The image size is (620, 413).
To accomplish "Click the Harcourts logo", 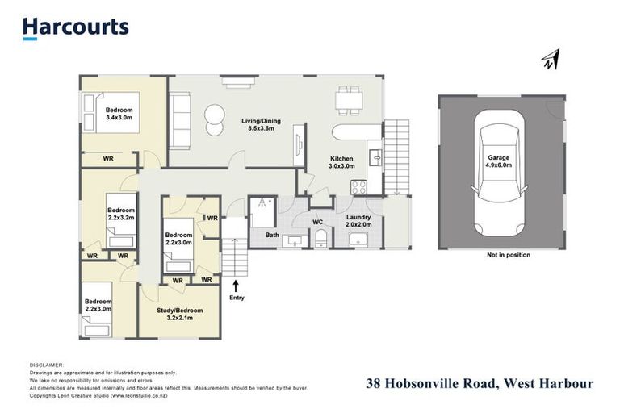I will pos(75,27).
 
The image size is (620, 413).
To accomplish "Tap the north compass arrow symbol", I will pos(551,59).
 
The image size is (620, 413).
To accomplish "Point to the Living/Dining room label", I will pos(259,124).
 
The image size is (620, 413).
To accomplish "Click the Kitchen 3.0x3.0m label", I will pos(344,163).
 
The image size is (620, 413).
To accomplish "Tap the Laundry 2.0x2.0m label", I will pos(358,221).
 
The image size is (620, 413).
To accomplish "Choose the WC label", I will pos(318,221).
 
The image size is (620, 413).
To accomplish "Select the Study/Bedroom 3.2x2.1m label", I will pos(178,313).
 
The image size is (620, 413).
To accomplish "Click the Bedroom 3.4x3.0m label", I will pos(119,114).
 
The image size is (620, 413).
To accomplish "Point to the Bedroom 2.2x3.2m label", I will pos(121,214).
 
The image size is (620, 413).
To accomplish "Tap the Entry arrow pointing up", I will pos(235,284).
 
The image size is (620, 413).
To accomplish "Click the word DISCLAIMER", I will pos(46,365).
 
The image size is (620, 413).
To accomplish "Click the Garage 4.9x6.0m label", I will pos(498,161).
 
